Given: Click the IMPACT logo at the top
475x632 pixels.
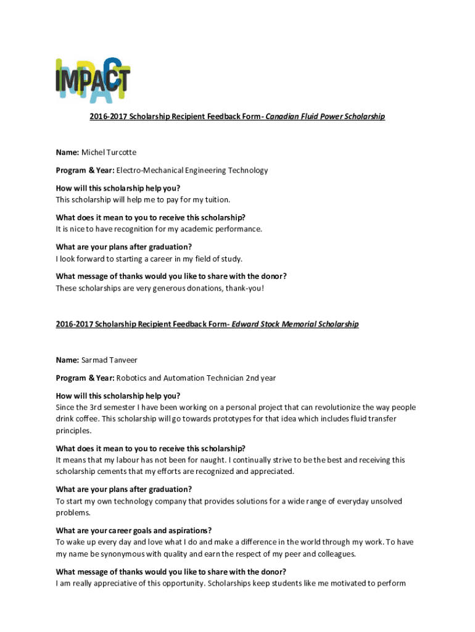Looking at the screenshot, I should [93, 80].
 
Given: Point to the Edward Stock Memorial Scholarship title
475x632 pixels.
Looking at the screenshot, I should [295, 324].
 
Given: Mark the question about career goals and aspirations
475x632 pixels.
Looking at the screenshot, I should [134, 531].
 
